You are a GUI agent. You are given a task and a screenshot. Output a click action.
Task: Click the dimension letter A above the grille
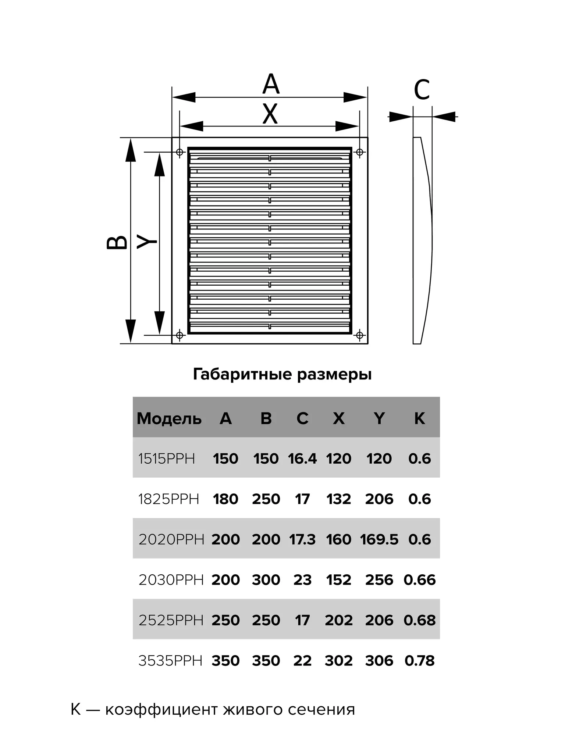click(x=271, y=84)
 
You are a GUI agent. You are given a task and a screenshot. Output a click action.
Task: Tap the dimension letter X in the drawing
click(x=270, y=114)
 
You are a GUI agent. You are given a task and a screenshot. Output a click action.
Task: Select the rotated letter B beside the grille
click(x=117, y=242)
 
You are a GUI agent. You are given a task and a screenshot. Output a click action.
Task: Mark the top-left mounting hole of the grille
click(x=180, y=152)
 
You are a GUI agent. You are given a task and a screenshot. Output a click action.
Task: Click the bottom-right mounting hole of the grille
click(x=360, y=335)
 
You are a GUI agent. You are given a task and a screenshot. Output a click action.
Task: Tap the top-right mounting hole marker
click(x=360, y=152)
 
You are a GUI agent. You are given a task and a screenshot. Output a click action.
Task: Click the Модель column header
click(x=169, y=419)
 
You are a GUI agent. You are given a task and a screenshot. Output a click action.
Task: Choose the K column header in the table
click(x=419, y=418)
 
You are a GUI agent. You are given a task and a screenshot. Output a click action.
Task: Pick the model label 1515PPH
click(x=167, y=459)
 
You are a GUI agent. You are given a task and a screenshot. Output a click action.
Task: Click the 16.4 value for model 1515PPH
click(x=302, y=459)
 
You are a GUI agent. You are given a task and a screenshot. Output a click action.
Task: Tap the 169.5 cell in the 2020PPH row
click(x=379, y=540)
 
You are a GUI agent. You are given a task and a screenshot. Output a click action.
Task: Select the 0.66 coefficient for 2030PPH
click(x=419, y=580)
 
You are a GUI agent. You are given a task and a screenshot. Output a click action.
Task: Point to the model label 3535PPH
click(x=170, y=661)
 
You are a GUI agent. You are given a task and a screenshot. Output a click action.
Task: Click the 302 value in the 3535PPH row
click(x=339, y=661)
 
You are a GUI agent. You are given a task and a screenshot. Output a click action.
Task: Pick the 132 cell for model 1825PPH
click(x=339, y=499)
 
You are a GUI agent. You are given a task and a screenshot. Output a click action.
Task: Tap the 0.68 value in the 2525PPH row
click(x=419, y=621)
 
